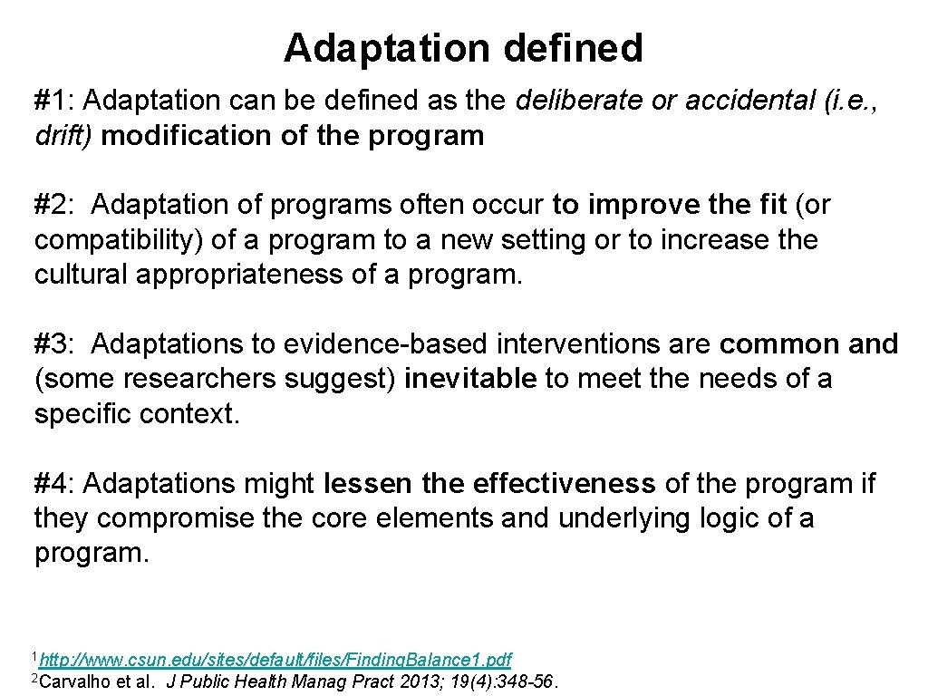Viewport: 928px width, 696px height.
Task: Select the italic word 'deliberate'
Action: [x=579, y=100]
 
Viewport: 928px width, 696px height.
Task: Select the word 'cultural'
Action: [x=81, y=275]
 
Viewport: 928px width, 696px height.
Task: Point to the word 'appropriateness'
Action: [x=238, y=275]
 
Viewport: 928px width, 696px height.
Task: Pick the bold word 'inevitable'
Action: [x=470, y=379]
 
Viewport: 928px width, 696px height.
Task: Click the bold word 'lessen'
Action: [x=368, y=484]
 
